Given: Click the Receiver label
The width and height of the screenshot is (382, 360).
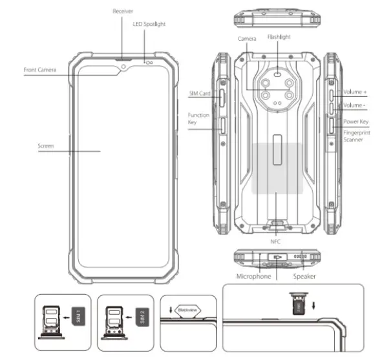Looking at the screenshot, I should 123,11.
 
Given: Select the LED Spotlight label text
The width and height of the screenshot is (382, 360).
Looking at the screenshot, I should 149,24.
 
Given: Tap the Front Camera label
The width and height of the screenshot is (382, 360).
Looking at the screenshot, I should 41,69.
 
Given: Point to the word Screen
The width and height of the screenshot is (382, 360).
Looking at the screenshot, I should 46,146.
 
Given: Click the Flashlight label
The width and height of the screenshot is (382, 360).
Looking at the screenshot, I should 279,37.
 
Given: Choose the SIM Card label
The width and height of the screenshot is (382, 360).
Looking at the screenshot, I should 200,94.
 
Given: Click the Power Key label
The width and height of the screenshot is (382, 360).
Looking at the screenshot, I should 357,121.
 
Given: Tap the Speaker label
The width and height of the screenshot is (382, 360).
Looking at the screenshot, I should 304,276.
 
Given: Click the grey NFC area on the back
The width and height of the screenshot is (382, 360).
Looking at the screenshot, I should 277,167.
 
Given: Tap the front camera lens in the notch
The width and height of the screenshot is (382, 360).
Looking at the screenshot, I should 123,65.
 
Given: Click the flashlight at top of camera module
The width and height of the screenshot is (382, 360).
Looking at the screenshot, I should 278,73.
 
